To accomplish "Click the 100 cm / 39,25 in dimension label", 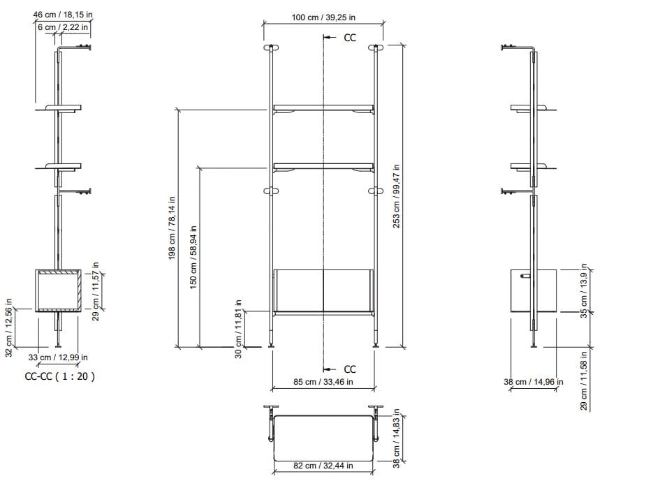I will (x=323, y=17).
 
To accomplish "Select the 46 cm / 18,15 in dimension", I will (x=63, y=15).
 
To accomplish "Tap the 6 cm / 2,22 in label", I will (x=63, y=27).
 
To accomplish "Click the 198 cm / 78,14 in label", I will (x=173, y=228).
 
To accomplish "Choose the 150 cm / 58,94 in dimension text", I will (x=194, y=256).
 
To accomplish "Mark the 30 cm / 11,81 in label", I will (x=238, y=328).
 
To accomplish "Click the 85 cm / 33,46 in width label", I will (x=323, y=382).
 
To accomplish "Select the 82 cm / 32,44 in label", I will (x=323, y=465).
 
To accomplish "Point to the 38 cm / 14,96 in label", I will (x=534, y=382).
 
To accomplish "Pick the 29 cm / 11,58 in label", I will (x=585, y=381).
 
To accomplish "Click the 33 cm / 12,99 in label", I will (x=57, y=357).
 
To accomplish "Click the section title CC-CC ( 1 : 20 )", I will (x=59, y=376).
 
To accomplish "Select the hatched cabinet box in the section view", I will (x=57, y=290).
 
